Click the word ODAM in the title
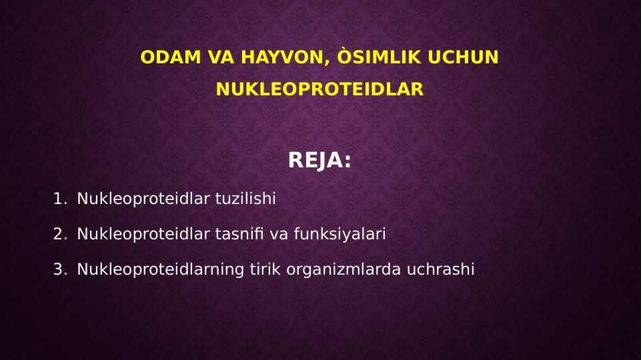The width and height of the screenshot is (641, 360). (171, 57)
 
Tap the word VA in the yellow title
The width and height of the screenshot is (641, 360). (221, 57)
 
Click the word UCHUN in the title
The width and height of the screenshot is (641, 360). (463, 57)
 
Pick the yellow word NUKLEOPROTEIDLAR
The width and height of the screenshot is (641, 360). (319, 89)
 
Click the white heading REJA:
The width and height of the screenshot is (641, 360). (319, 160)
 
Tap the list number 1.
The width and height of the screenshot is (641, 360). (60, 199)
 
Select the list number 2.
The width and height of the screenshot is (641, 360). (60, 234)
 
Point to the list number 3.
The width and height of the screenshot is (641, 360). (60, 269)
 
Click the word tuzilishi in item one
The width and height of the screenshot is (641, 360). (245, 198)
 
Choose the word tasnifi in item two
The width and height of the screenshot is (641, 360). (239, 234)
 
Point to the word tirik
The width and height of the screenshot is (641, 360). (265, 269)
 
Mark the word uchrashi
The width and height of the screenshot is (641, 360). (440, 269)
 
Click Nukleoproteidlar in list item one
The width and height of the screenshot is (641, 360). (143, 199)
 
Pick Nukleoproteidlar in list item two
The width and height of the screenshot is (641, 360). (143, 234)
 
